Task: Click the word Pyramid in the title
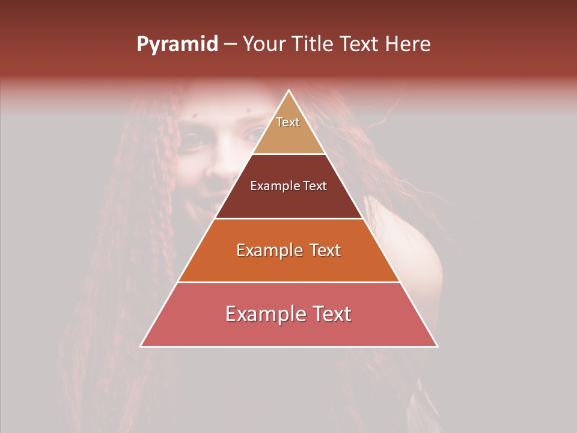point(177,45)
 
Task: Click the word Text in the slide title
point(361,45)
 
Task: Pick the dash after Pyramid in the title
point(230,45)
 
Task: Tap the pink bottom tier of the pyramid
point(289,330)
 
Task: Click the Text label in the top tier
point(288,122)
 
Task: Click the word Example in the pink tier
point(265,314)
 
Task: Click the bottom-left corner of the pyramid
point(141,346)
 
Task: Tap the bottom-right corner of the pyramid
point(438,346)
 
